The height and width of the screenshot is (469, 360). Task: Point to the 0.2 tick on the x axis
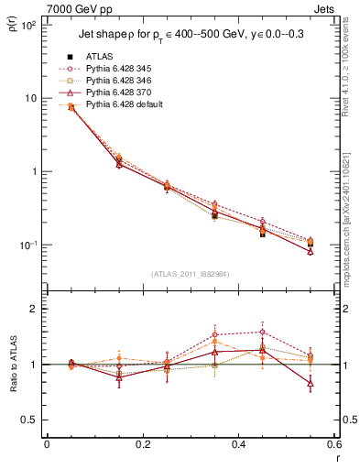[142, 445]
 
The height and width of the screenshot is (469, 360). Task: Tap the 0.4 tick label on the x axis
[238, 445]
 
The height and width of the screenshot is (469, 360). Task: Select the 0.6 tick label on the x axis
[333, 445]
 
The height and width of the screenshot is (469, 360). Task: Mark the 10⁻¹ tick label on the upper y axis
[27, 245]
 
